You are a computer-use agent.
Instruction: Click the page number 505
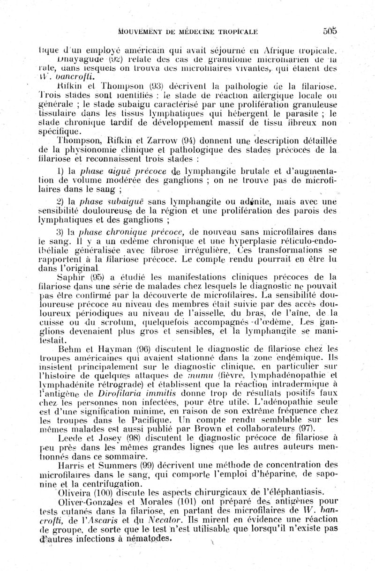pos(330,31)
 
